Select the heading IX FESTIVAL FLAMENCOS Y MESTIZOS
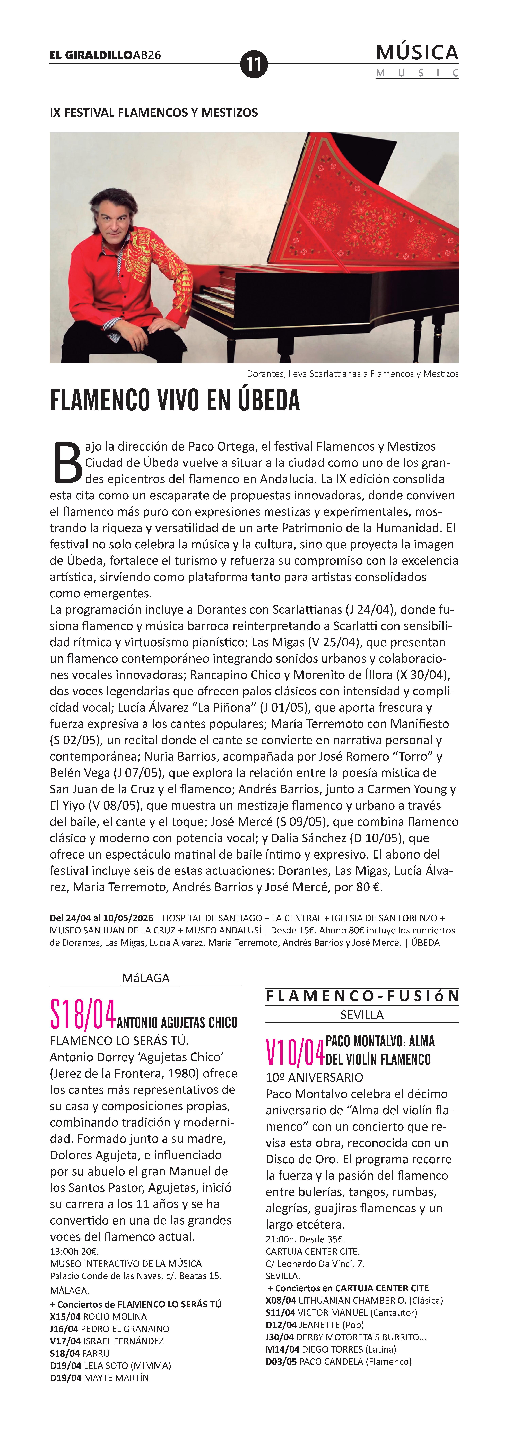coord(154,113)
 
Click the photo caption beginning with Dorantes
coord(353,374)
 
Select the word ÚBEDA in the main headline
coord(269,400)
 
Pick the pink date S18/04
coord(82,1014)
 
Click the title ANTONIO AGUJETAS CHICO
coord(177,1022)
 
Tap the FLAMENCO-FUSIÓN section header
coord(362,996)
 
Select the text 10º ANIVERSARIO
coord(314,1077)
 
